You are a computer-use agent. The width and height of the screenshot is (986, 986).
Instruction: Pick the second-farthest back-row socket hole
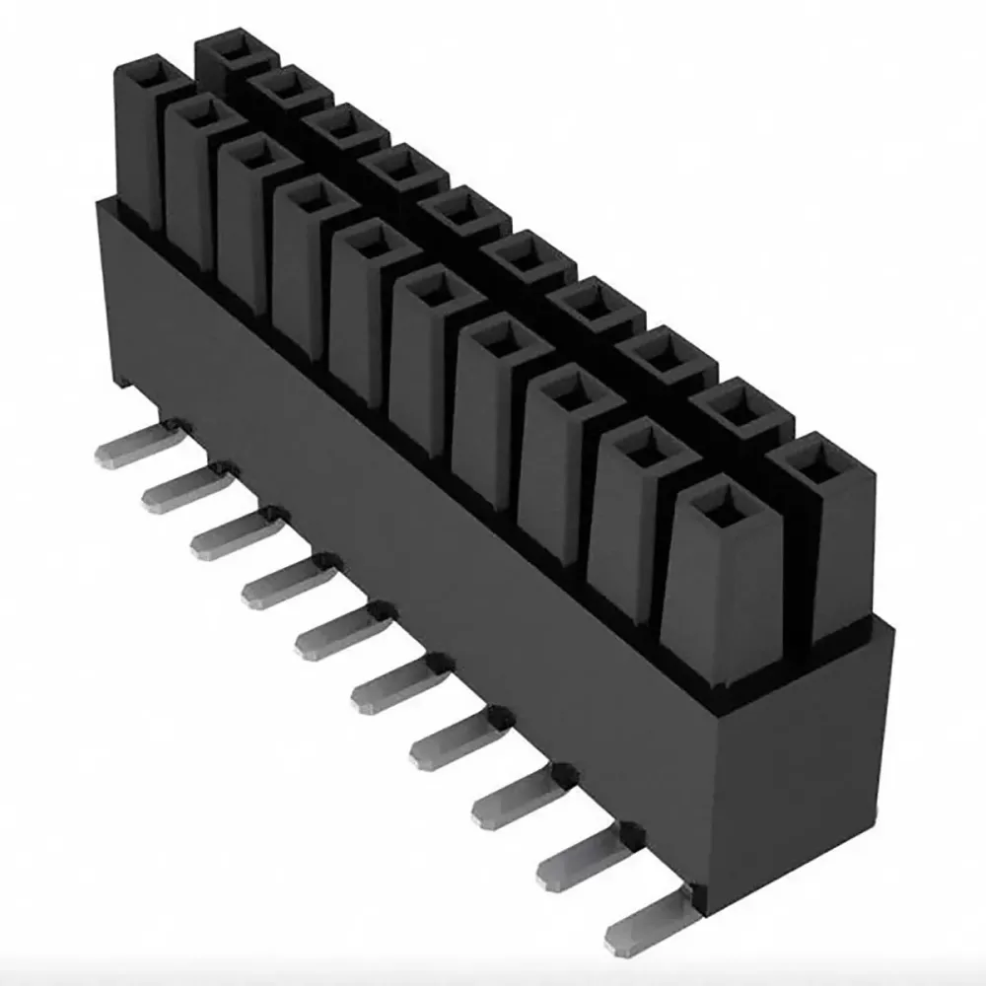coord(288,86)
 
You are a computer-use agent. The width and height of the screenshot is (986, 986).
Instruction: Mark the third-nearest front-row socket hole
coord(572,394)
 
